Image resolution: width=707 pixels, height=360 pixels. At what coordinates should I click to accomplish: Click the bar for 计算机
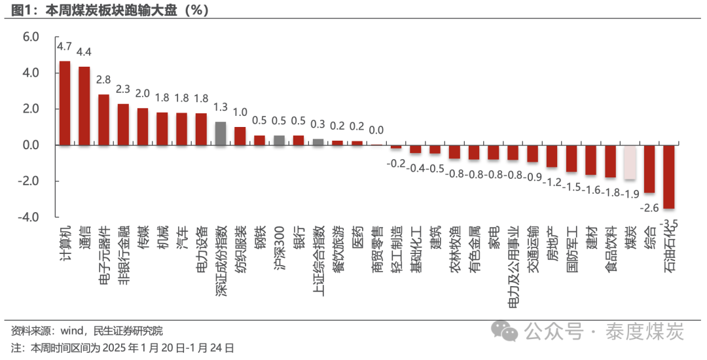coord(65,103)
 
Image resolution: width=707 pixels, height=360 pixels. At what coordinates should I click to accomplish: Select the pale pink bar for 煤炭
coord(630,162)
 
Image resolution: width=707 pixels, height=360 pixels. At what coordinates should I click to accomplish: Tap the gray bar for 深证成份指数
coord(221,134)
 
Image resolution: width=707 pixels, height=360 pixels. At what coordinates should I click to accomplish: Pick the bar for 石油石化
coord(668,177)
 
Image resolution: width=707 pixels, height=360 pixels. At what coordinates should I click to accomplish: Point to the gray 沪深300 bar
coord(279,141)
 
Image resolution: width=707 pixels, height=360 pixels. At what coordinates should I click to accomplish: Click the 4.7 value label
coord(64,46)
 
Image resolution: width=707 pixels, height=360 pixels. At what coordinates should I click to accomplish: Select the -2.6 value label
coord(649,207)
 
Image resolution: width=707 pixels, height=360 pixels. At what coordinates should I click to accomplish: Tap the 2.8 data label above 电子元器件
coord(103,80)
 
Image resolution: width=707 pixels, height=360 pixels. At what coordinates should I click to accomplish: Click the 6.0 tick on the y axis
coord(31,37)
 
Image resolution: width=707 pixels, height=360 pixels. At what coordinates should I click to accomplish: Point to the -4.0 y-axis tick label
coord(28,217)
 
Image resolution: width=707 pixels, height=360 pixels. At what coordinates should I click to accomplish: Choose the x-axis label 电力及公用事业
coord(514,267)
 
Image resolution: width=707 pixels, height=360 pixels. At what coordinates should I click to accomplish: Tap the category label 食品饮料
coord(611,249)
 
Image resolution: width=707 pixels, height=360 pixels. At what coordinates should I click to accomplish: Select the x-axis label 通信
coord(84,238)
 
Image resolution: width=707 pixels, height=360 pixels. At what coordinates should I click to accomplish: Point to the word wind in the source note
coord(72,331)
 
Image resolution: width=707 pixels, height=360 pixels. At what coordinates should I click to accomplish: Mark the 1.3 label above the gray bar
coord(221,107)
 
